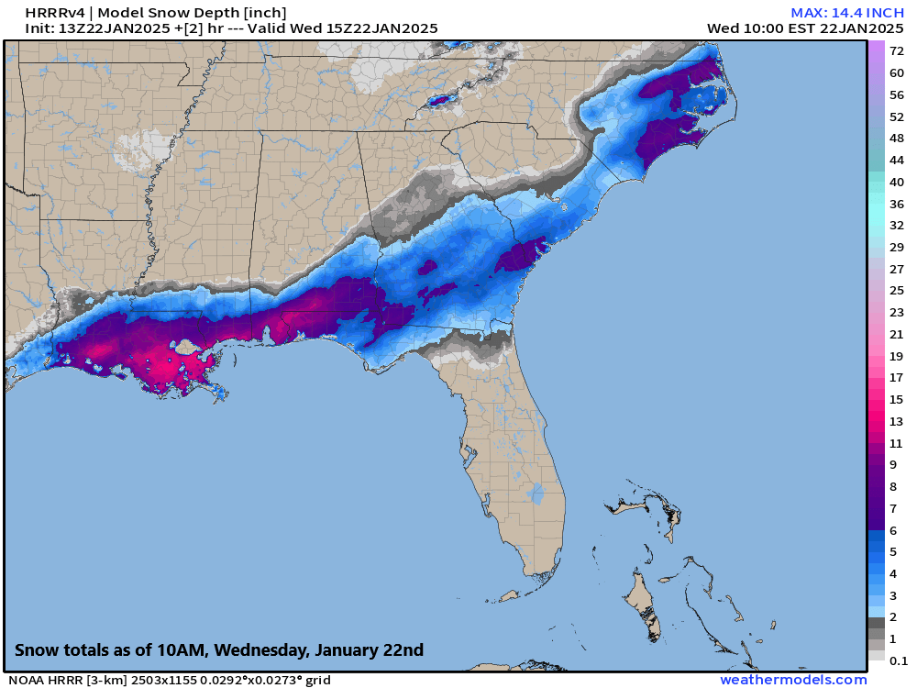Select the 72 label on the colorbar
(x=897, y=51)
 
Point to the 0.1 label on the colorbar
(x=899, y=660)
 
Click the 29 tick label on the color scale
(x=897, y=247)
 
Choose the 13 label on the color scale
(x=897, y=421)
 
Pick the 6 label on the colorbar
(x=893, y=529)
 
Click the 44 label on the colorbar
(x=897, y=160)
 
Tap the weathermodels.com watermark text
(x=793, y=680)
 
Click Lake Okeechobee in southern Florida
(x=536, y=494)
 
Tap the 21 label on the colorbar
(x=897, y=334)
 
